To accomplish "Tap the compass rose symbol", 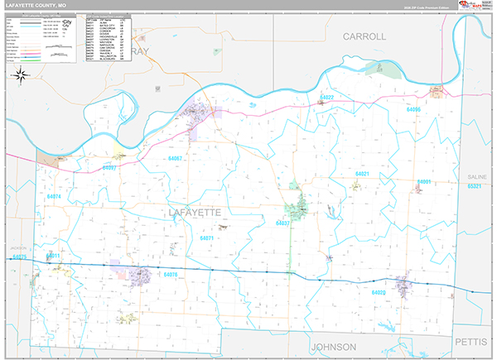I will (21, 75).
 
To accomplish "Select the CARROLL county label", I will (364, 37).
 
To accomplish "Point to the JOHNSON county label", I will (333, 346).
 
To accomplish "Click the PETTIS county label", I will (474, 340).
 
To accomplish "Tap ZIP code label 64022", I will (326, 98).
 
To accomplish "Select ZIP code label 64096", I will (413, 109).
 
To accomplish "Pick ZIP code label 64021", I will (362, 174).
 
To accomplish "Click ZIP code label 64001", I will (425, 181).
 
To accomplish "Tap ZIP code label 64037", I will (283, 223).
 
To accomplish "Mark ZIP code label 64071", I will (207, 238).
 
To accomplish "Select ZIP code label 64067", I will (175, 157).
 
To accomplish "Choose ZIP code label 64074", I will (55, 196).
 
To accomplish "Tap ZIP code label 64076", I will (171, 274).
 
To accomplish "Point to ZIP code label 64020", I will (379, 292).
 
